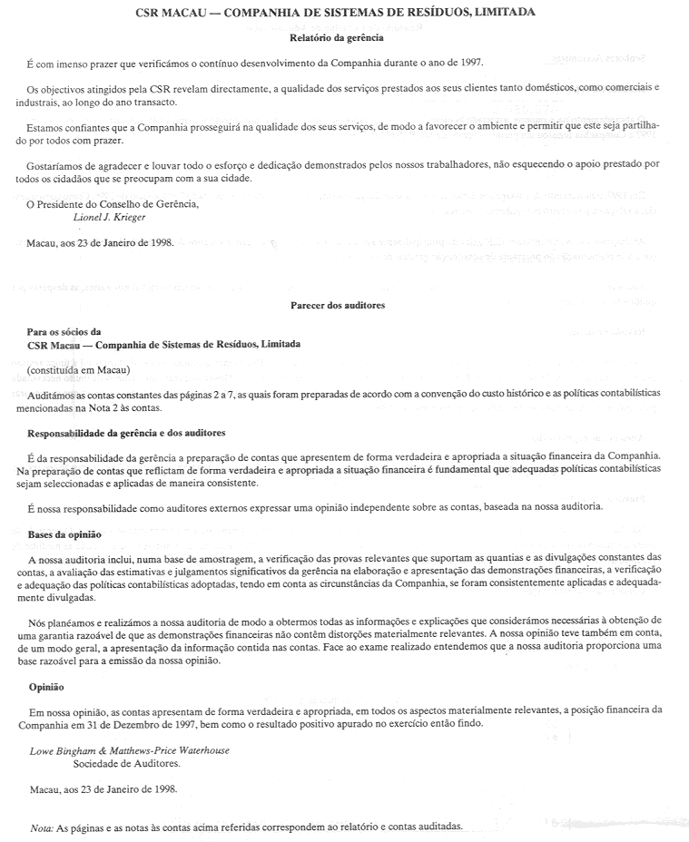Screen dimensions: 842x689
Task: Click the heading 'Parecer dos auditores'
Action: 338,306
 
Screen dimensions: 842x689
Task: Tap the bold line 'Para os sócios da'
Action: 64,332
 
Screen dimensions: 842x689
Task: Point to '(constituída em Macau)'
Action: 79,370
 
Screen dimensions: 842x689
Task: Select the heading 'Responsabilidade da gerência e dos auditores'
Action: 126,433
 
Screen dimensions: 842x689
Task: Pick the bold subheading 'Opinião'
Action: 47,687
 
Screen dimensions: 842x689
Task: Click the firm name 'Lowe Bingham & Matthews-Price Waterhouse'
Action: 129,750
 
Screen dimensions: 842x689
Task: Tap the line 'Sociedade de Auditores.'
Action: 119,764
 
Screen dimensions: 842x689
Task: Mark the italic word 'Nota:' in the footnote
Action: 42,827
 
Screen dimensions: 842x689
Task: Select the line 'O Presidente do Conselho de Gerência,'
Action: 113,204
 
